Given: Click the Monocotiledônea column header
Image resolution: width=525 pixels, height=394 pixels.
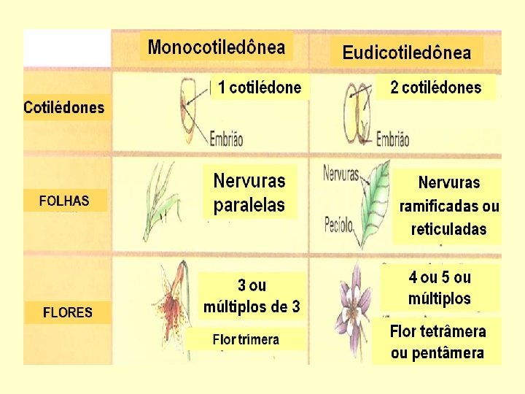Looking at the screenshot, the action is pyautogui.click(x=216, y=47).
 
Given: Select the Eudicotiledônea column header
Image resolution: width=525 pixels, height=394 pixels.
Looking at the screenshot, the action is pyautogui.click(x=406, y=53).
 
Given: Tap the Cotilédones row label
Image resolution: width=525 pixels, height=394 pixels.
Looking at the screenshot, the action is pyautogui.click(x=64, y=109).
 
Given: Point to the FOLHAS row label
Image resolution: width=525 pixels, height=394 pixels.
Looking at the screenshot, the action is pyautogui.click(x=64, y=201).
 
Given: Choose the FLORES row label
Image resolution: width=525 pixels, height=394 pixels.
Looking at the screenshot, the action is pyautogui.click(x=68, y=312).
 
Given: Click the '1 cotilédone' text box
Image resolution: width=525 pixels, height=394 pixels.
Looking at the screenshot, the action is pyautogui.click(x=260, y=88).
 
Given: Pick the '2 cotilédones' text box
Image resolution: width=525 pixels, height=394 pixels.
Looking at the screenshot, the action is pyautogui.click(x=435, y=88).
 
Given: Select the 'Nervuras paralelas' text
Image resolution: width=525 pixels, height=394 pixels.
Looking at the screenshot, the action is pyautogui.click(x=249, y=192).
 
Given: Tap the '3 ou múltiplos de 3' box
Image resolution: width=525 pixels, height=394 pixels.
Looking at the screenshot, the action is pyautogui.click(x=252, y=295).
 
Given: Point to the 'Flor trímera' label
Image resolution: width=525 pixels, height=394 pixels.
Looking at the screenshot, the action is pyautogui.click(x=246, y=339).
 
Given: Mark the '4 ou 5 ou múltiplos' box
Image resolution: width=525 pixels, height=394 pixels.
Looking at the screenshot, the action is pyautogui.click(x=440, y=287).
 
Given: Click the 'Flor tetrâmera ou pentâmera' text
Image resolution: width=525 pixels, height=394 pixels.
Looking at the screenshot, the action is pyautogui.click(x=437, y=342).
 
